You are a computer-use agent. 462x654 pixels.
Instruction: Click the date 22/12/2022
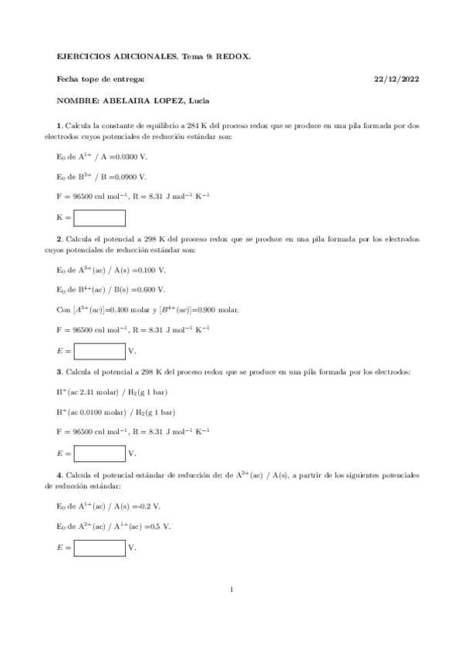[x=396, y=79]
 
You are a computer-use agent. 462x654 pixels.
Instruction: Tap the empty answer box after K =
[x=99, y=217]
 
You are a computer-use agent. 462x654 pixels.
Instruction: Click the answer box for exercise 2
[x=99, y=351]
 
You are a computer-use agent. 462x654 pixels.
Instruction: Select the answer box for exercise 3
[x=99, y=453]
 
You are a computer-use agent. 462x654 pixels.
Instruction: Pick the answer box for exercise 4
[x=99, y=548]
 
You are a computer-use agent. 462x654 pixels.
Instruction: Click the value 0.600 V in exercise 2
[x=150, y=290]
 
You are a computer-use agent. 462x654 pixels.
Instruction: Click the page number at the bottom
[x=231, y=590]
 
